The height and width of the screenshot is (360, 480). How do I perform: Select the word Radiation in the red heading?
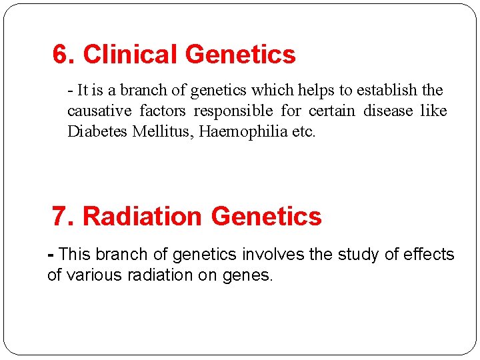pos(142,217)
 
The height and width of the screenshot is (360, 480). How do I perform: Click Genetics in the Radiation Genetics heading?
pos(266,217)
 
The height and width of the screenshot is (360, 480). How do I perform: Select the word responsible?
pos(233,111)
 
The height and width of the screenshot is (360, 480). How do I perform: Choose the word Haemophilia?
pos(241,131)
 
